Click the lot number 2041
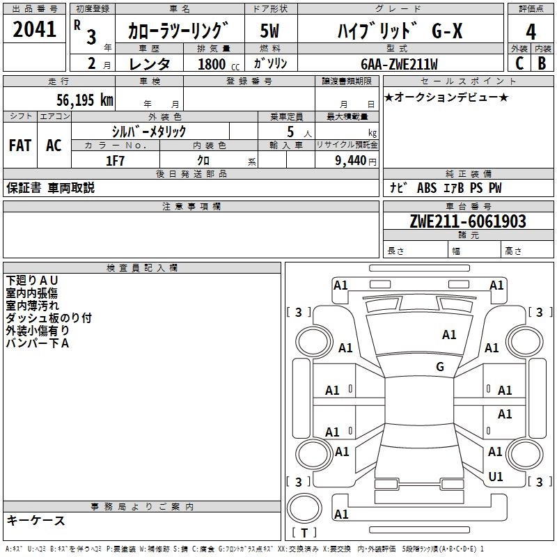tap(36, 30)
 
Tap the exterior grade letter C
tap(519, 63)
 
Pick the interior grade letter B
tap(542, 63)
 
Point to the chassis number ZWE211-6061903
tap(468, 221)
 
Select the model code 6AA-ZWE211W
tap(399, 64)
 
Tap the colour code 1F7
tap(115, 160)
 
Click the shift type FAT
tap(20, 146)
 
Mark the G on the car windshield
tap(440, 366)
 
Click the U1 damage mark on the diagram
tap(496, 476)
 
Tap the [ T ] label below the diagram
tap(304, 533)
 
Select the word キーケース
tap(36, 520)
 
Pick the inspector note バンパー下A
tap(38, 343)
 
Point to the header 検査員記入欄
tap(142, 268)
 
